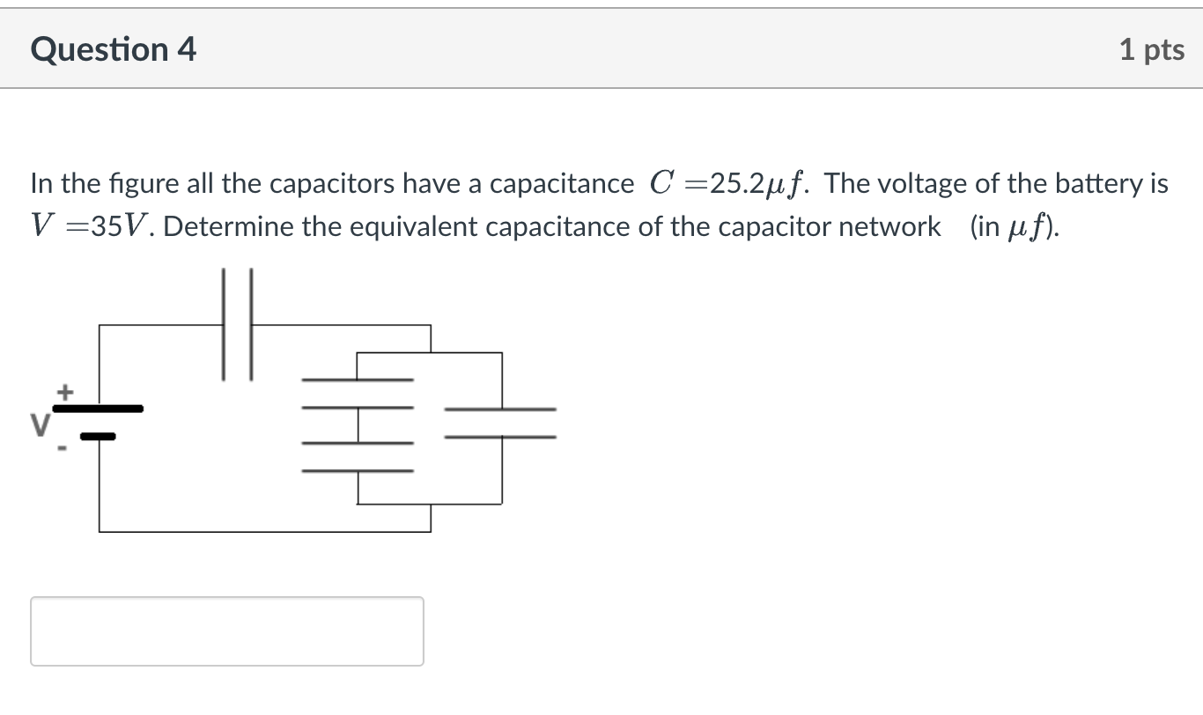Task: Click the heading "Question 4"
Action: [113, 49]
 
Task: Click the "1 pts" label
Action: [1151, 50]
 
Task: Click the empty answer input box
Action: [227, 630]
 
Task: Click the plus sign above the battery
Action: [64, 389]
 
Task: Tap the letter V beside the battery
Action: [39, 425]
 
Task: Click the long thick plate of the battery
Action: [98, 409]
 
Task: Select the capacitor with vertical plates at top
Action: [237, 325]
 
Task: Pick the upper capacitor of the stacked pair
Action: [358, 394]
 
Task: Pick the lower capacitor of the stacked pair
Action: [358, 456]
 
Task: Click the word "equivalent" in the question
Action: [415, 227]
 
